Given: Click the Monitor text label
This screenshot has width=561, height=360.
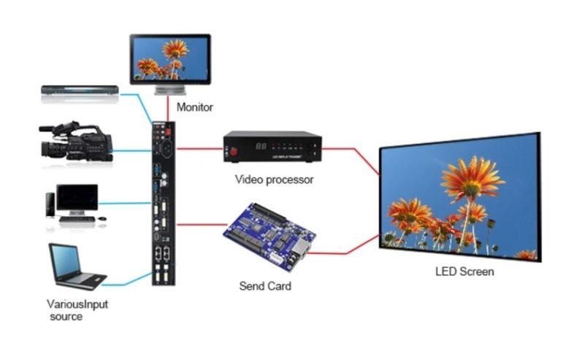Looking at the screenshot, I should [195, 107].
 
